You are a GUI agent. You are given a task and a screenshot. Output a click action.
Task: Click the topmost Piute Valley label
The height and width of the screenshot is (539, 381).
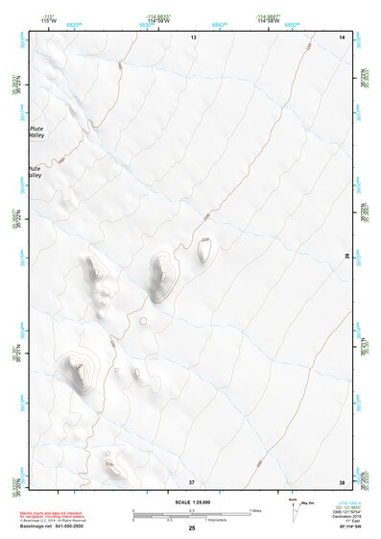tap(36, 131)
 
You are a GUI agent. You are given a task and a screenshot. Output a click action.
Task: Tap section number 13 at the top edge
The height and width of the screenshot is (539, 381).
tap(192, 36)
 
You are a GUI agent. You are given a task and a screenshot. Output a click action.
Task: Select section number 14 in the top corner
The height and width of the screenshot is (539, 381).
tap(342, 36)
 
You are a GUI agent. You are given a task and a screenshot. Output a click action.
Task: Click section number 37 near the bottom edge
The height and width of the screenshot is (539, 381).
tap(192, 481)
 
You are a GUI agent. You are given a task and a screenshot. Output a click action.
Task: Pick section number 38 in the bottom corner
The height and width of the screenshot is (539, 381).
tap(342, 481)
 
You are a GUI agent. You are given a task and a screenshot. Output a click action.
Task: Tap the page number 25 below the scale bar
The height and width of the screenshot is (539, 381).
tap(191, 528)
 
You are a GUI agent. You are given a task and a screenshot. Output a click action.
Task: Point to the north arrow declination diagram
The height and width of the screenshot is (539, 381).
tap(294, 509)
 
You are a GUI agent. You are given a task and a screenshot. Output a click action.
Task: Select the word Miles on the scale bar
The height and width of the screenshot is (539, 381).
tap(254, 509)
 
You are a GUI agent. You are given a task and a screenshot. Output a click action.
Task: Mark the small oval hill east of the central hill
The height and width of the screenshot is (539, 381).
tap(204, 251)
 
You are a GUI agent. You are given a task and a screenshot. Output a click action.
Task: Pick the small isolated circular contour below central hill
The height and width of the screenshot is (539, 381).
tap(143, 321)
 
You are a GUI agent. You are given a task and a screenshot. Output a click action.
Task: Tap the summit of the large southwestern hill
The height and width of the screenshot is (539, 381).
tap(77, 365)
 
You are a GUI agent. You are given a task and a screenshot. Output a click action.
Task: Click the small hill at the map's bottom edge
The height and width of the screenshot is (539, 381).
tap(113, 468)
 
